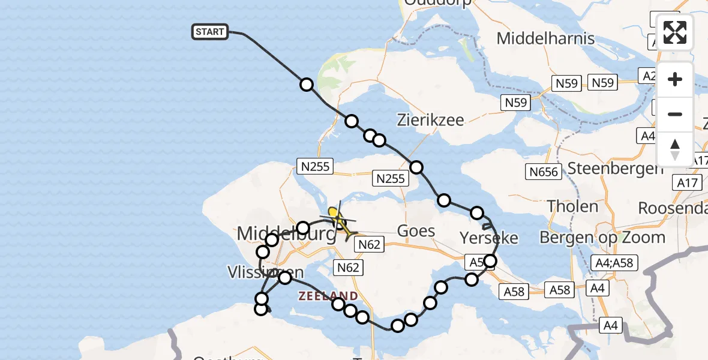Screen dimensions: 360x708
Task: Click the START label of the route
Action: click(x=210, y=32)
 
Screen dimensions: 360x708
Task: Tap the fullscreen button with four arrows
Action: click(x=675, y=32)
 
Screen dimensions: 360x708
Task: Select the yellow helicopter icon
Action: click(x=338, y=220)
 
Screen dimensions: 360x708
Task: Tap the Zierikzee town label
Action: click(x=430, y=120)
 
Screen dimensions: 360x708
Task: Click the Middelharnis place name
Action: click(x=545, y=39)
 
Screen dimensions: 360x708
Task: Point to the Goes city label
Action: click(x=416, y=230)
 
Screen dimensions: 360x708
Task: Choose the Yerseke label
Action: click(x=488, y=238)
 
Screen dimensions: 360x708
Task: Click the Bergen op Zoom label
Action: click(x=602, y=237)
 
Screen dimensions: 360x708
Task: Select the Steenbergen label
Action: click(x=615, y=169)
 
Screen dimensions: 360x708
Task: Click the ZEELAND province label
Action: click(x=328, y=296)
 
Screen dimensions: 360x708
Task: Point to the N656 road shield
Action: click(x=544, y=172)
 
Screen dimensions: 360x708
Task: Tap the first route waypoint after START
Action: click(x=307, y=85)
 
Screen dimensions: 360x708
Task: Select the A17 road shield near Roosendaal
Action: click(x=689, y=183)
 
